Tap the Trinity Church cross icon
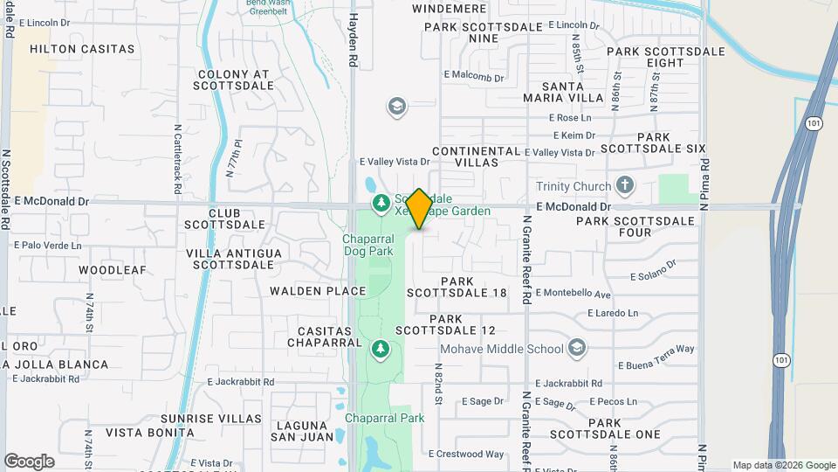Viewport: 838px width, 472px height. click(623, 185)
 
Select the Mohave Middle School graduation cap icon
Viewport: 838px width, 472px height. click(576, 349)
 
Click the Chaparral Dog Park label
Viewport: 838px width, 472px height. click(370, 246)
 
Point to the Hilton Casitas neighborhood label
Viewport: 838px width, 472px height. click(82, 49)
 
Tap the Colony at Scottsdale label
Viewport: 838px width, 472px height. click(233, 82)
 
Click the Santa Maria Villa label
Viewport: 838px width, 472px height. click(573, 92)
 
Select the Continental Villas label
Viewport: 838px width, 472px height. click(477, 156)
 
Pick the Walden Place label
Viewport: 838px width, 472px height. click(318, 291)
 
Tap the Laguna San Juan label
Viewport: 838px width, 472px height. click(303, 430)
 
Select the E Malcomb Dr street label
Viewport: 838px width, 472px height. click(474, 77)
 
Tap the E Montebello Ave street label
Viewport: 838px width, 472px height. click(573, 293)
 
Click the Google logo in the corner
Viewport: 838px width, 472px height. click(29, 462)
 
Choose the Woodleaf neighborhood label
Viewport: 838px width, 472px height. click(113, 270)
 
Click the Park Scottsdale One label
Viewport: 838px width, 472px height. click(623, 428)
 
